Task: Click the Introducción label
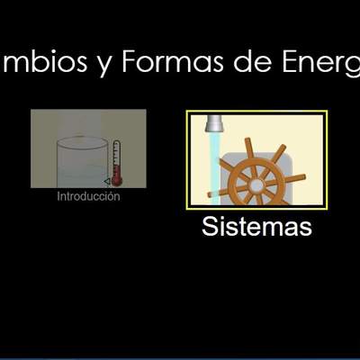88,196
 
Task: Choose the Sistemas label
256,226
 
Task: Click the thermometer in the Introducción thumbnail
117,160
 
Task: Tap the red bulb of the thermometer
117,180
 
